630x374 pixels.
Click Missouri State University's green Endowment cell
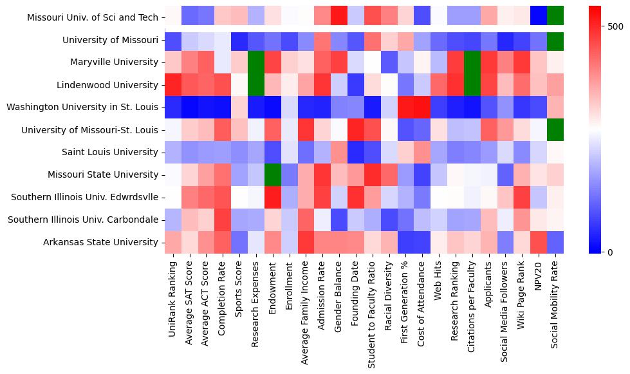tap(273, 174)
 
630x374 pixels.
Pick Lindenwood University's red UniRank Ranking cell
tap(172, 85)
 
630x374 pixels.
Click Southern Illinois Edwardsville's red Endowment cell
tap(273, 197)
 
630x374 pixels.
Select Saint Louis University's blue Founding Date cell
tap(356, 153)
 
